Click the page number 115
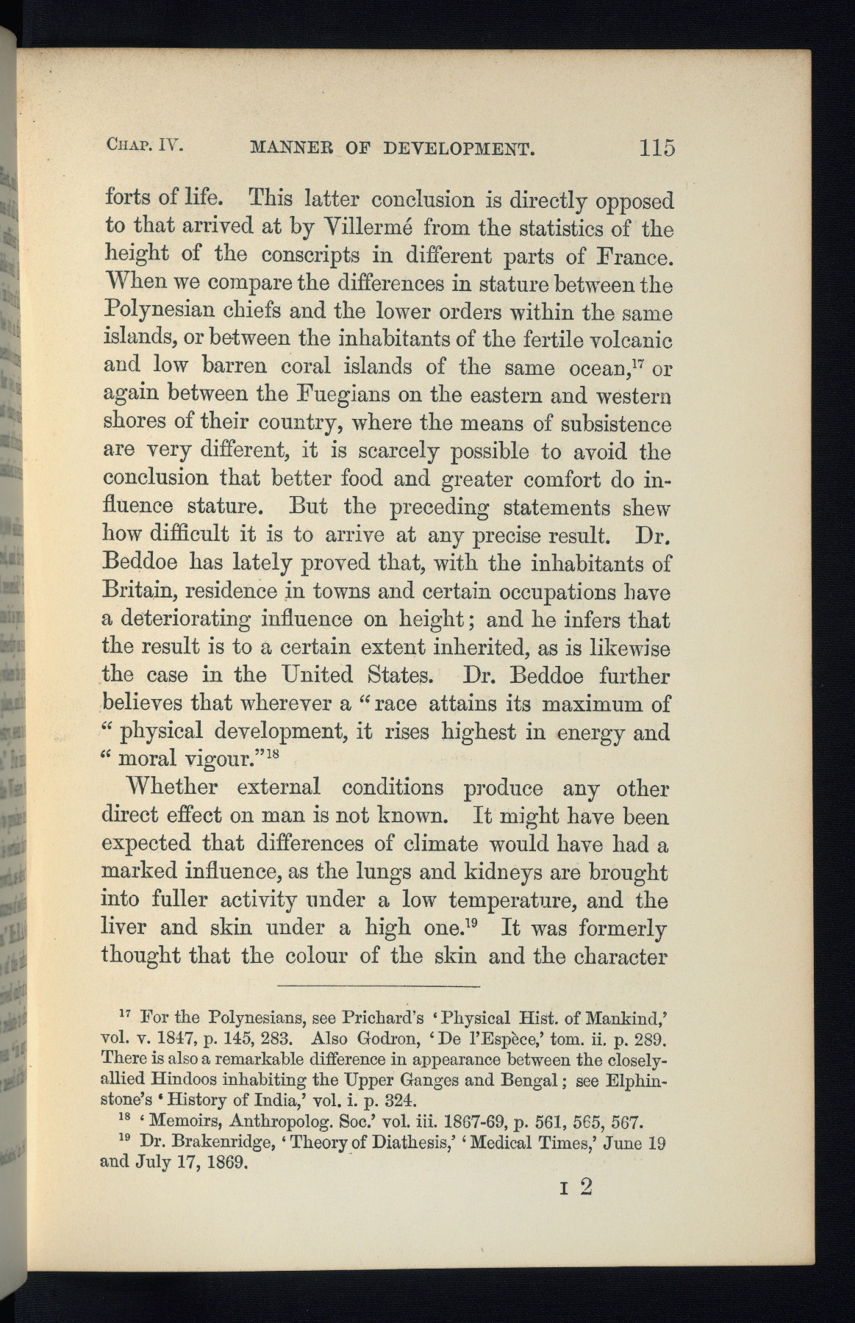point(657,148)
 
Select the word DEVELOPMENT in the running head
point(458,149)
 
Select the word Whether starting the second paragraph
point(172,787)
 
